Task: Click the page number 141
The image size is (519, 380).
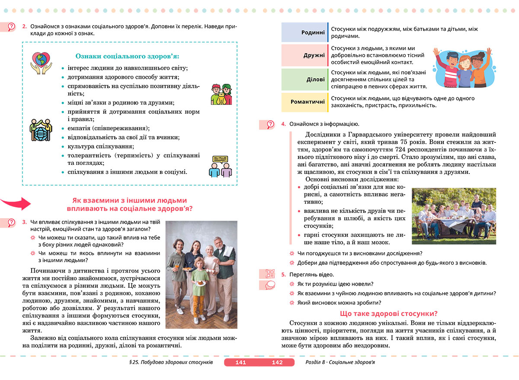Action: pyautogui.click(x=240, y=362)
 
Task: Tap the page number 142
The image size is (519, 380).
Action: pyautogui.click(x=277, y=362)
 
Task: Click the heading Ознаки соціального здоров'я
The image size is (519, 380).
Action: pyautogui.click(x=128, y=56)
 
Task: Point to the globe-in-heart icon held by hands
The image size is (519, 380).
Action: pyautogui.click(x=41, y=62)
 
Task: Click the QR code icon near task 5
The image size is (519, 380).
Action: pyautogui.click(x=270, y=274)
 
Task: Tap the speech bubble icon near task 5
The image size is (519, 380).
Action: pyautogui.click(x=270, y=285)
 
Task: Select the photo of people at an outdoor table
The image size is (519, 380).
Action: pyautogui.click(x=454, y=216)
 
